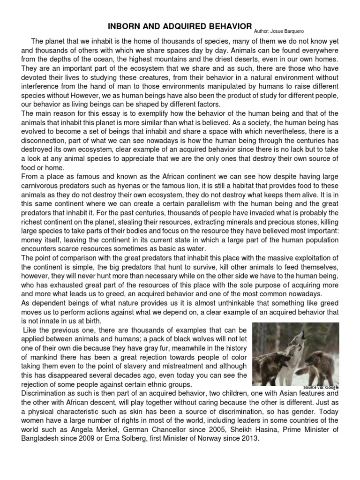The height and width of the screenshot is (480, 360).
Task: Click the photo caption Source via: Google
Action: (320, 387)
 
